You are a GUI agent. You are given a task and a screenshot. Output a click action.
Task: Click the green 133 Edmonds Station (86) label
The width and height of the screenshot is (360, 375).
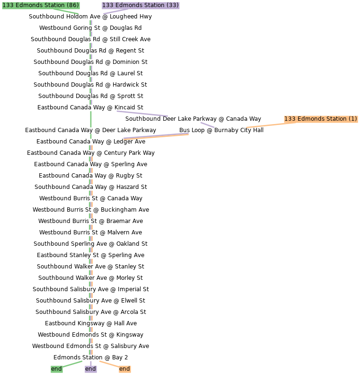[41, 6]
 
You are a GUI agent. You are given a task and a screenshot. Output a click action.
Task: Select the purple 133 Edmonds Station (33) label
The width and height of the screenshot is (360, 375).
[140, 6]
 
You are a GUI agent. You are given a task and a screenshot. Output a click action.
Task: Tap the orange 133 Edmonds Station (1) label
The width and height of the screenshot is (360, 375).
[320, 119]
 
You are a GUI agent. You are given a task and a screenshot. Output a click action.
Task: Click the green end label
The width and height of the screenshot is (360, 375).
[56, 369]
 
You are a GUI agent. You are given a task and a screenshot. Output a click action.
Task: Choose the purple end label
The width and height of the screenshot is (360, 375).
[90, 369]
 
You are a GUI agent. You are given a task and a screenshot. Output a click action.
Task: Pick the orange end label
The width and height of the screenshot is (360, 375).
[124, 369]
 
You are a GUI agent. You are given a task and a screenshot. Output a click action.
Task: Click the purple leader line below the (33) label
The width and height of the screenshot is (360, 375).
[115, 11]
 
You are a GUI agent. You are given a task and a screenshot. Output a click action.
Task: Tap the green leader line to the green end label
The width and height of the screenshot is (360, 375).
[72, 364]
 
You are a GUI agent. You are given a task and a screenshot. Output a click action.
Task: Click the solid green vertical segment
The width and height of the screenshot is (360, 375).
[91, 119]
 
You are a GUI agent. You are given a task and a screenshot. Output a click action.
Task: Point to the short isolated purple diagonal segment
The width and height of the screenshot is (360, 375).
[207, 125]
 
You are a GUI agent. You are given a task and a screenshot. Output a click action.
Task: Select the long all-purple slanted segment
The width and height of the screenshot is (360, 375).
[142, 114]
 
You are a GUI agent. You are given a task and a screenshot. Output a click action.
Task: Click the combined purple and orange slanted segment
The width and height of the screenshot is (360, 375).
[156, 136]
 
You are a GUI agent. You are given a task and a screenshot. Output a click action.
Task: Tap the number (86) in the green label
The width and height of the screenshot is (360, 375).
[72, 6]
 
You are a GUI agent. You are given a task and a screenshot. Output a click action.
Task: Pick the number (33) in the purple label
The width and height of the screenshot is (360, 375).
[173, 6]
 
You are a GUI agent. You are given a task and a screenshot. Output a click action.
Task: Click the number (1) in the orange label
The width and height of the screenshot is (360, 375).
[352, 119]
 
